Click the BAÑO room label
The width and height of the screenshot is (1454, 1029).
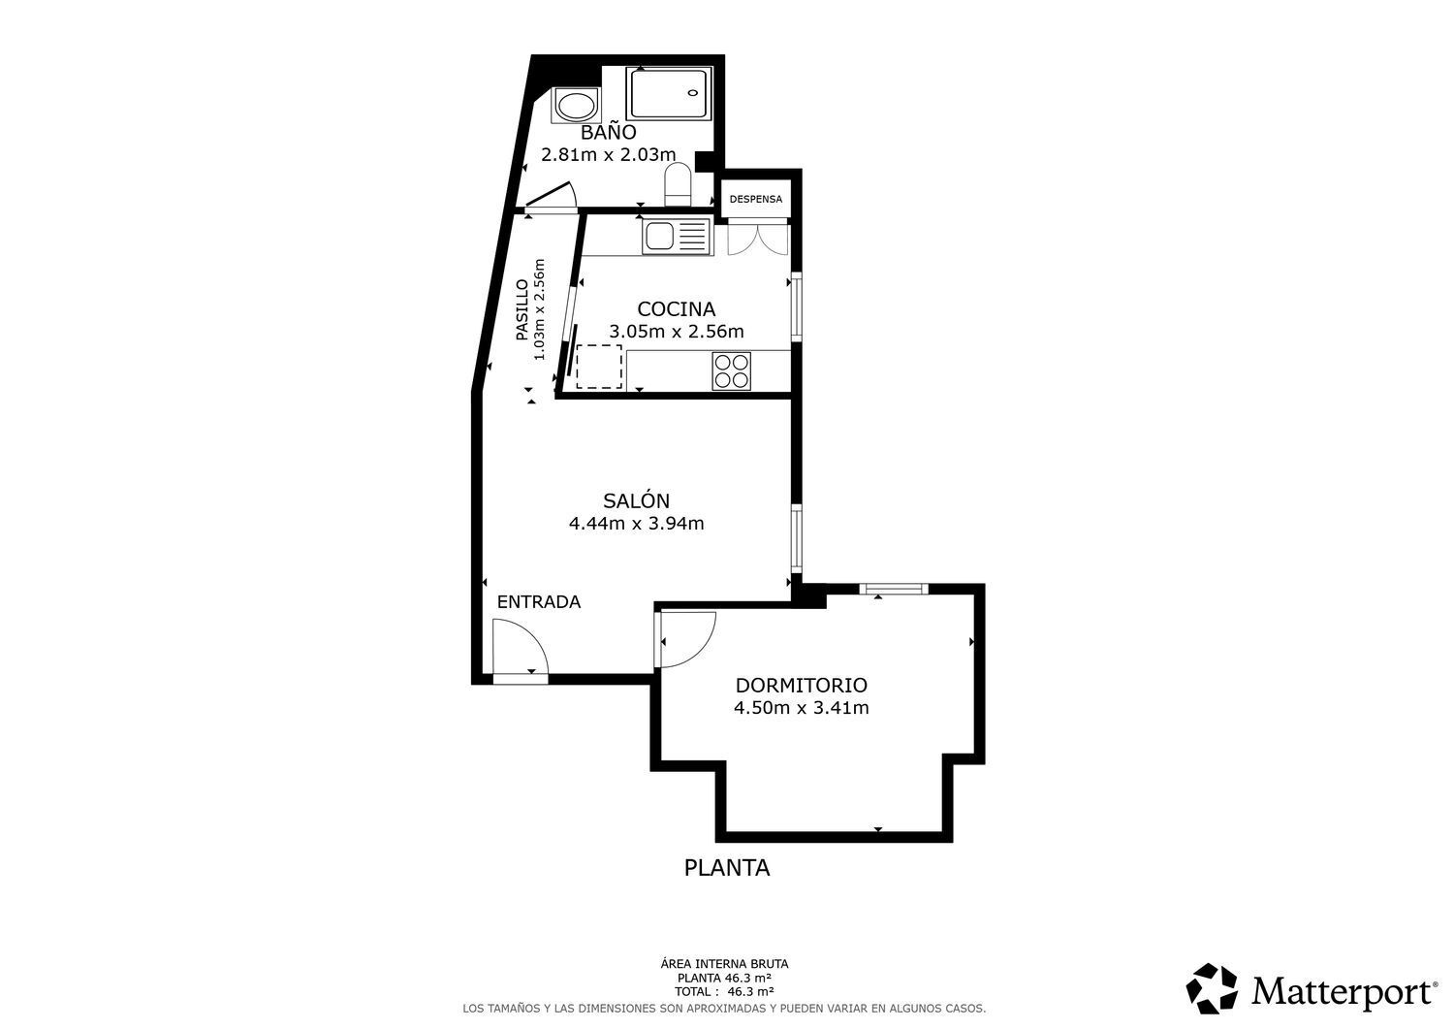pyautogui.click(x=608, y=132)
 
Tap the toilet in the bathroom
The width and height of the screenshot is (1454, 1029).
pyautogui.click(x=679, y=184)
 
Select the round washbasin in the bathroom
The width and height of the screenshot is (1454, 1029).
pyautogui.click(x=576, y=106)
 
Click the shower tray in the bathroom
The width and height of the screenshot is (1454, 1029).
pyautogui.click(x=669, y=94)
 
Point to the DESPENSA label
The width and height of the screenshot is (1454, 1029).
pyautogui.click(x=756, y=199)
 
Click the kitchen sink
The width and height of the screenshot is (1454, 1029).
pyautogui.click(x=677, y=237)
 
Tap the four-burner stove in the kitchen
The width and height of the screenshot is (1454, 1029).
pyautogui.click(x=732, y=370)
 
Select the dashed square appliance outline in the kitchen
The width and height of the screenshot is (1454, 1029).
pyautogui.click(x=599, y=367)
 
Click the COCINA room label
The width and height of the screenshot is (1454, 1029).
pyautogui.click(x=677, y=308)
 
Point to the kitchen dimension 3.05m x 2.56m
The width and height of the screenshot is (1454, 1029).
pyautogui.click(x=677, y=332)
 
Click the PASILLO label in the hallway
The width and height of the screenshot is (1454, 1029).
pyautogui.click(x=522, y=310)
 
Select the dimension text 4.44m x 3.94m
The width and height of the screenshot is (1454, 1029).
pyautogui.click(x=636, y=523)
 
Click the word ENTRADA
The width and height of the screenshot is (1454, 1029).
pyautogui.click(x=539, y=602)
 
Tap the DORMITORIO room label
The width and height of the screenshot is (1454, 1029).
pyautogui.click(x=801, y=686)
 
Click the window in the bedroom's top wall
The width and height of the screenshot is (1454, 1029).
pyautogui.click(x=894, y=589)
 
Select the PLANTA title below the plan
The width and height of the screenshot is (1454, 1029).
pyautogui.click(x=727, y=868)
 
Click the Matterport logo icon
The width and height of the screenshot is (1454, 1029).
pyautogui.click(x=1212, y=989)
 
